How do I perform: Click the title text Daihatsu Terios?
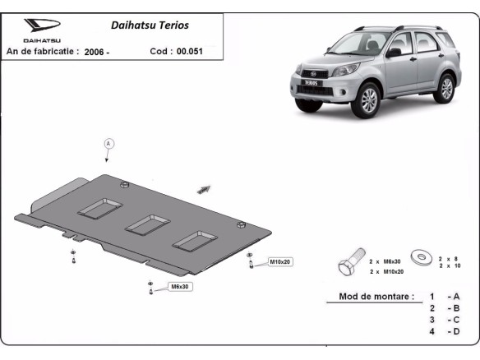150,25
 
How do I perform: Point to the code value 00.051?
188,51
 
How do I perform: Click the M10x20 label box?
280,262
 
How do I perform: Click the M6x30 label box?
180,287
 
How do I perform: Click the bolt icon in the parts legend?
348,262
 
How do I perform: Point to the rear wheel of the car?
446,86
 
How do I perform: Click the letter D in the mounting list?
455,331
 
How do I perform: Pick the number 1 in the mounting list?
432,297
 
